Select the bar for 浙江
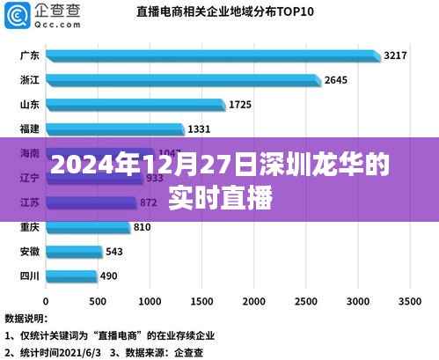[183, 81]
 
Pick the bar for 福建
[114, 130]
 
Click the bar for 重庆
[88, 228]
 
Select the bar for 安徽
[73, 252]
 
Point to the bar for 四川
[70, 276]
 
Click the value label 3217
[395, 55]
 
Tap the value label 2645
[336, 80]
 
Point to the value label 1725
[240, 105]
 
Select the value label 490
[109, 276]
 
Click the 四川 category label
[28, 276]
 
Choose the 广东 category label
[28, 56]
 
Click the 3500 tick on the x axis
[409, 298]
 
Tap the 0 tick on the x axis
[47, 298]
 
